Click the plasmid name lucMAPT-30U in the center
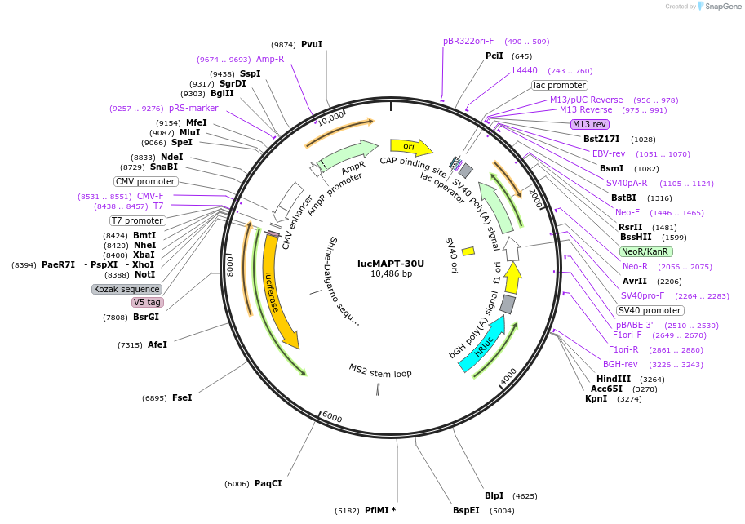[x=391, y=264]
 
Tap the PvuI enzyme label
[x=312, y=44]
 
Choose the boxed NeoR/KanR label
[x=646, y=251]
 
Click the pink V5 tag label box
[x=148, y=302]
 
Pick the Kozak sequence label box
[x=126, y=289]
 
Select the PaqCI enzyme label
[x=268, y=484]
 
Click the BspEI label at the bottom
[x=466, y=511]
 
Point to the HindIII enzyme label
[x=614, y=380]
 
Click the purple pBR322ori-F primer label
[x=468, y=41]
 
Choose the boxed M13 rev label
[x=589, y=124]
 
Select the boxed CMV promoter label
[x=145, y=181]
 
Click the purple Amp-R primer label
[x=270, y=60]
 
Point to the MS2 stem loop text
[x=380, y=371]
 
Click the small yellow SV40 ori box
[x=468, y=251]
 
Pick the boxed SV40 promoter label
[x=650, y=310]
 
